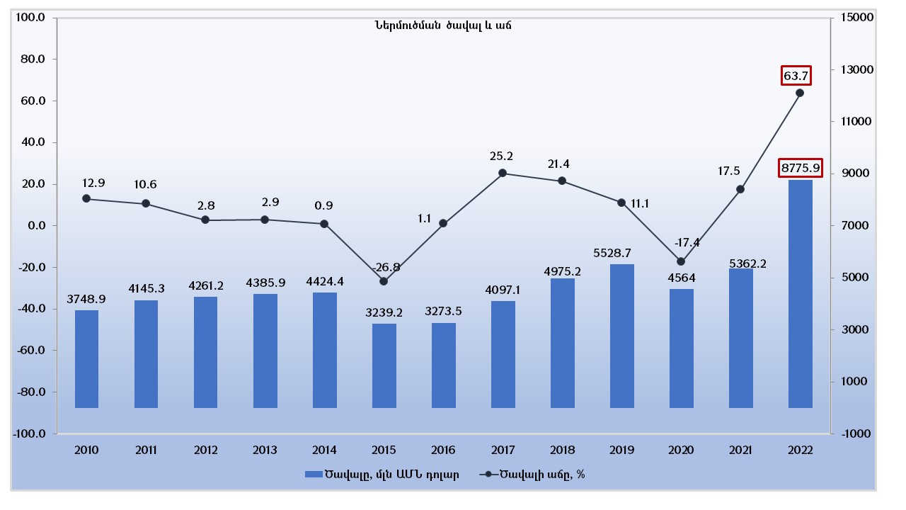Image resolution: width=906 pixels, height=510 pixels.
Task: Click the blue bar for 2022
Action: [x=801, y=293]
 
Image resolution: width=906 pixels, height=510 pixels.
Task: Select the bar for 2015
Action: [x=384, y=365]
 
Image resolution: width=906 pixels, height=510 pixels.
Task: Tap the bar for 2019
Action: [x=622, y=336]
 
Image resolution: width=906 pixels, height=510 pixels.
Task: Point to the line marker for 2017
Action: [x=503, y=173]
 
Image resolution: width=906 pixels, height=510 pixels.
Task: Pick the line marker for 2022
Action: [x=800, y=93]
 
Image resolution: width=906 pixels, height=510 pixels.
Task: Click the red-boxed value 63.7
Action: [x=796, y=75]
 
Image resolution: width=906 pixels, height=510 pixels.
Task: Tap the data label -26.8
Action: [x=386, y=267]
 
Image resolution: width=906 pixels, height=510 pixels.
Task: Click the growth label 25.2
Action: [x=501, y=156]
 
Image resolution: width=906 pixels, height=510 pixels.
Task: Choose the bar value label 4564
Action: [x=681, y=277]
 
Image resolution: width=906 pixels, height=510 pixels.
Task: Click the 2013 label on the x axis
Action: [x=265, y=450]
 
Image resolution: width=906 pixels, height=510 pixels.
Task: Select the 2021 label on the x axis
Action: [x=740, y=450]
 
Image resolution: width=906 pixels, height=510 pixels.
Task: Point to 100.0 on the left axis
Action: [x=30, y=17]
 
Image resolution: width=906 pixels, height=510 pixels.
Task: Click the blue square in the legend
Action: [x=312, y=475]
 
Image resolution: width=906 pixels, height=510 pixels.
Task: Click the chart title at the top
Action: [x=443, y=25]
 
